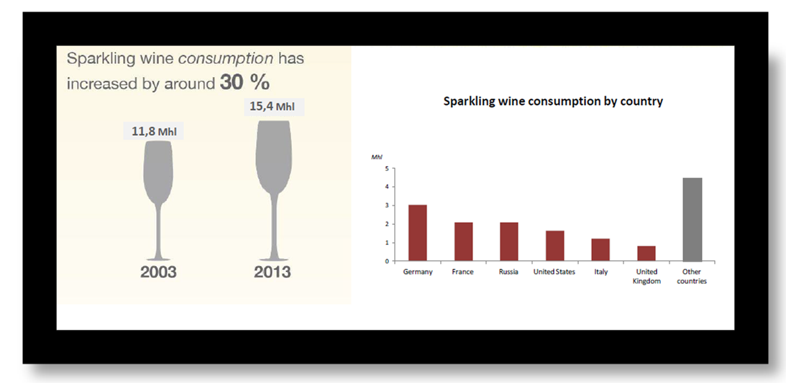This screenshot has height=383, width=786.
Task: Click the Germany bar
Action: click(418, 233)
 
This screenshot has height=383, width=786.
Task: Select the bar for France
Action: click(464, 242)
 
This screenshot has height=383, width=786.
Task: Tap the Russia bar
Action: click(509, 242)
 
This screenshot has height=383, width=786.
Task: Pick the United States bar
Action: click(555, 246)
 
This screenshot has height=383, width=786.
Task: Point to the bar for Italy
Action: click(600, 250)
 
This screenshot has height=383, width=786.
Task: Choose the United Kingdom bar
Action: click(646, 254)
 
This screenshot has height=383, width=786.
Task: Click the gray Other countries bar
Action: click(693, 219)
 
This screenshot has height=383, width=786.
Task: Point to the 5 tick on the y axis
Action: click(386, 169)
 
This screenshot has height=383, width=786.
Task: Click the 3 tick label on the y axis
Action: click(386, 206)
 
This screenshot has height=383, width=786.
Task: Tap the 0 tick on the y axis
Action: click(386, 261)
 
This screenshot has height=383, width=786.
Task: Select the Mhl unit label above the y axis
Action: click(376, 157)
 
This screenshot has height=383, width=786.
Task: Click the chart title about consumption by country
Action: click(553, 101)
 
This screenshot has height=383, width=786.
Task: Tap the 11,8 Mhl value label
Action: click(153, 131)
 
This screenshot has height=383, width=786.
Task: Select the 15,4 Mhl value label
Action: click(274, 106)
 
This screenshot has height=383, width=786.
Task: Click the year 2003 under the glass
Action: click(158, 272)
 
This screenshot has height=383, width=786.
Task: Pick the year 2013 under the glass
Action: click(273, 272)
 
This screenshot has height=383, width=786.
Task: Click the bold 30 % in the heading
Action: click(245, 83)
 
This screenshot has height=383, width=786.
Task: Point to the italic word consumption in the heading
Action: click(226, 59)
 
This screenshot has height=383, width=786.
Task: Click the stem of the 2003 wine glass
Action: click(158, 230)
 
